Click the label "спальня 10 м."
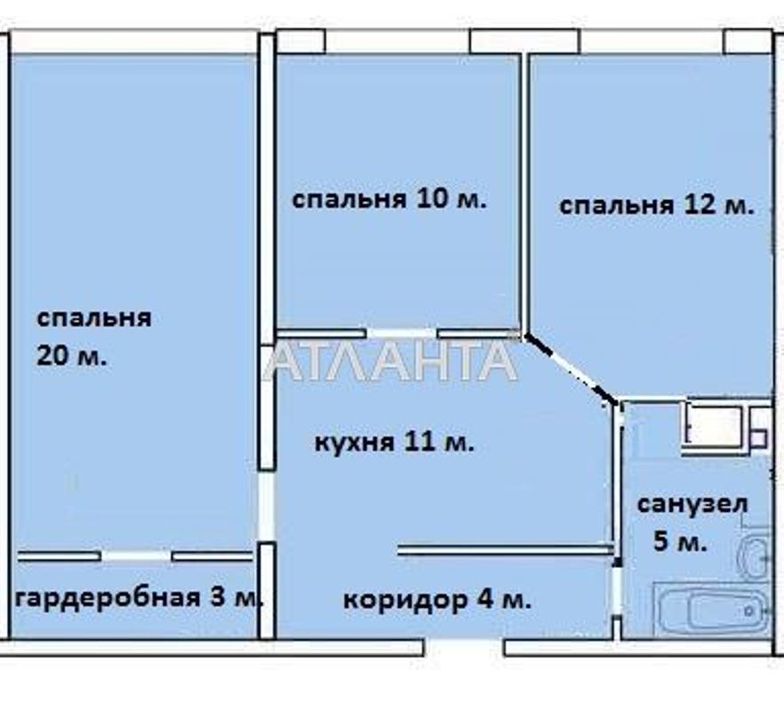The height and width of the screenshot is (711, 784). click(389, 199)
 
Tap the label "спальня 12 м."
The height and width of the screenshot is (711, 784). click(656, 206)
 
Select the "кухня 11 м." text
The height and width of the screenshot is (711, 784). click(395, 442)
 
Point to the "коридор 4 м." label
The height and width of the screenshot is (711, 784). click(437, 600)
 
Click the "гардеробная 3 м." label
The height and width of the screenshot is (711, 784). click(139, 596)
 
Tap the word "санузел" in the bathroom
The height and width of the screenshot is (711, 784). click(692, 504)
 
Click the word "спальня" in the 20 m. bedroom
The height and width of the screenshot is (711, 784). click(94, 318)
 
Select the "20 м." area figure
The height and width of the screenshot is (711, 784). click(71, 357)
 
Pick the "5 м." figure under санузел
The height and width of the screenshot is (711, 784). click(680, 541)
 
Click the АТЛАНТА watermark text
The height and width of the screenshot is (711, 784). click(391, 361)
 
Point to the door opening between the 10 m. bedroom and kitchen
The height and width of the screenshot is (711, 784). click(402, 334)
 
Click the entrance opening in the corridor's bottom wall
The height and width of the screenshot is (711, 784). click(463, 647)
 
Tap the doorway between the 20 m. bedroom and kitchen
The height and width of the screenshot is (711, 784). click(266, 507)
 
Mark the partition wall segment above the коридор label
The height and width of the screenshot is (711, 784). click(505, 550)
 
